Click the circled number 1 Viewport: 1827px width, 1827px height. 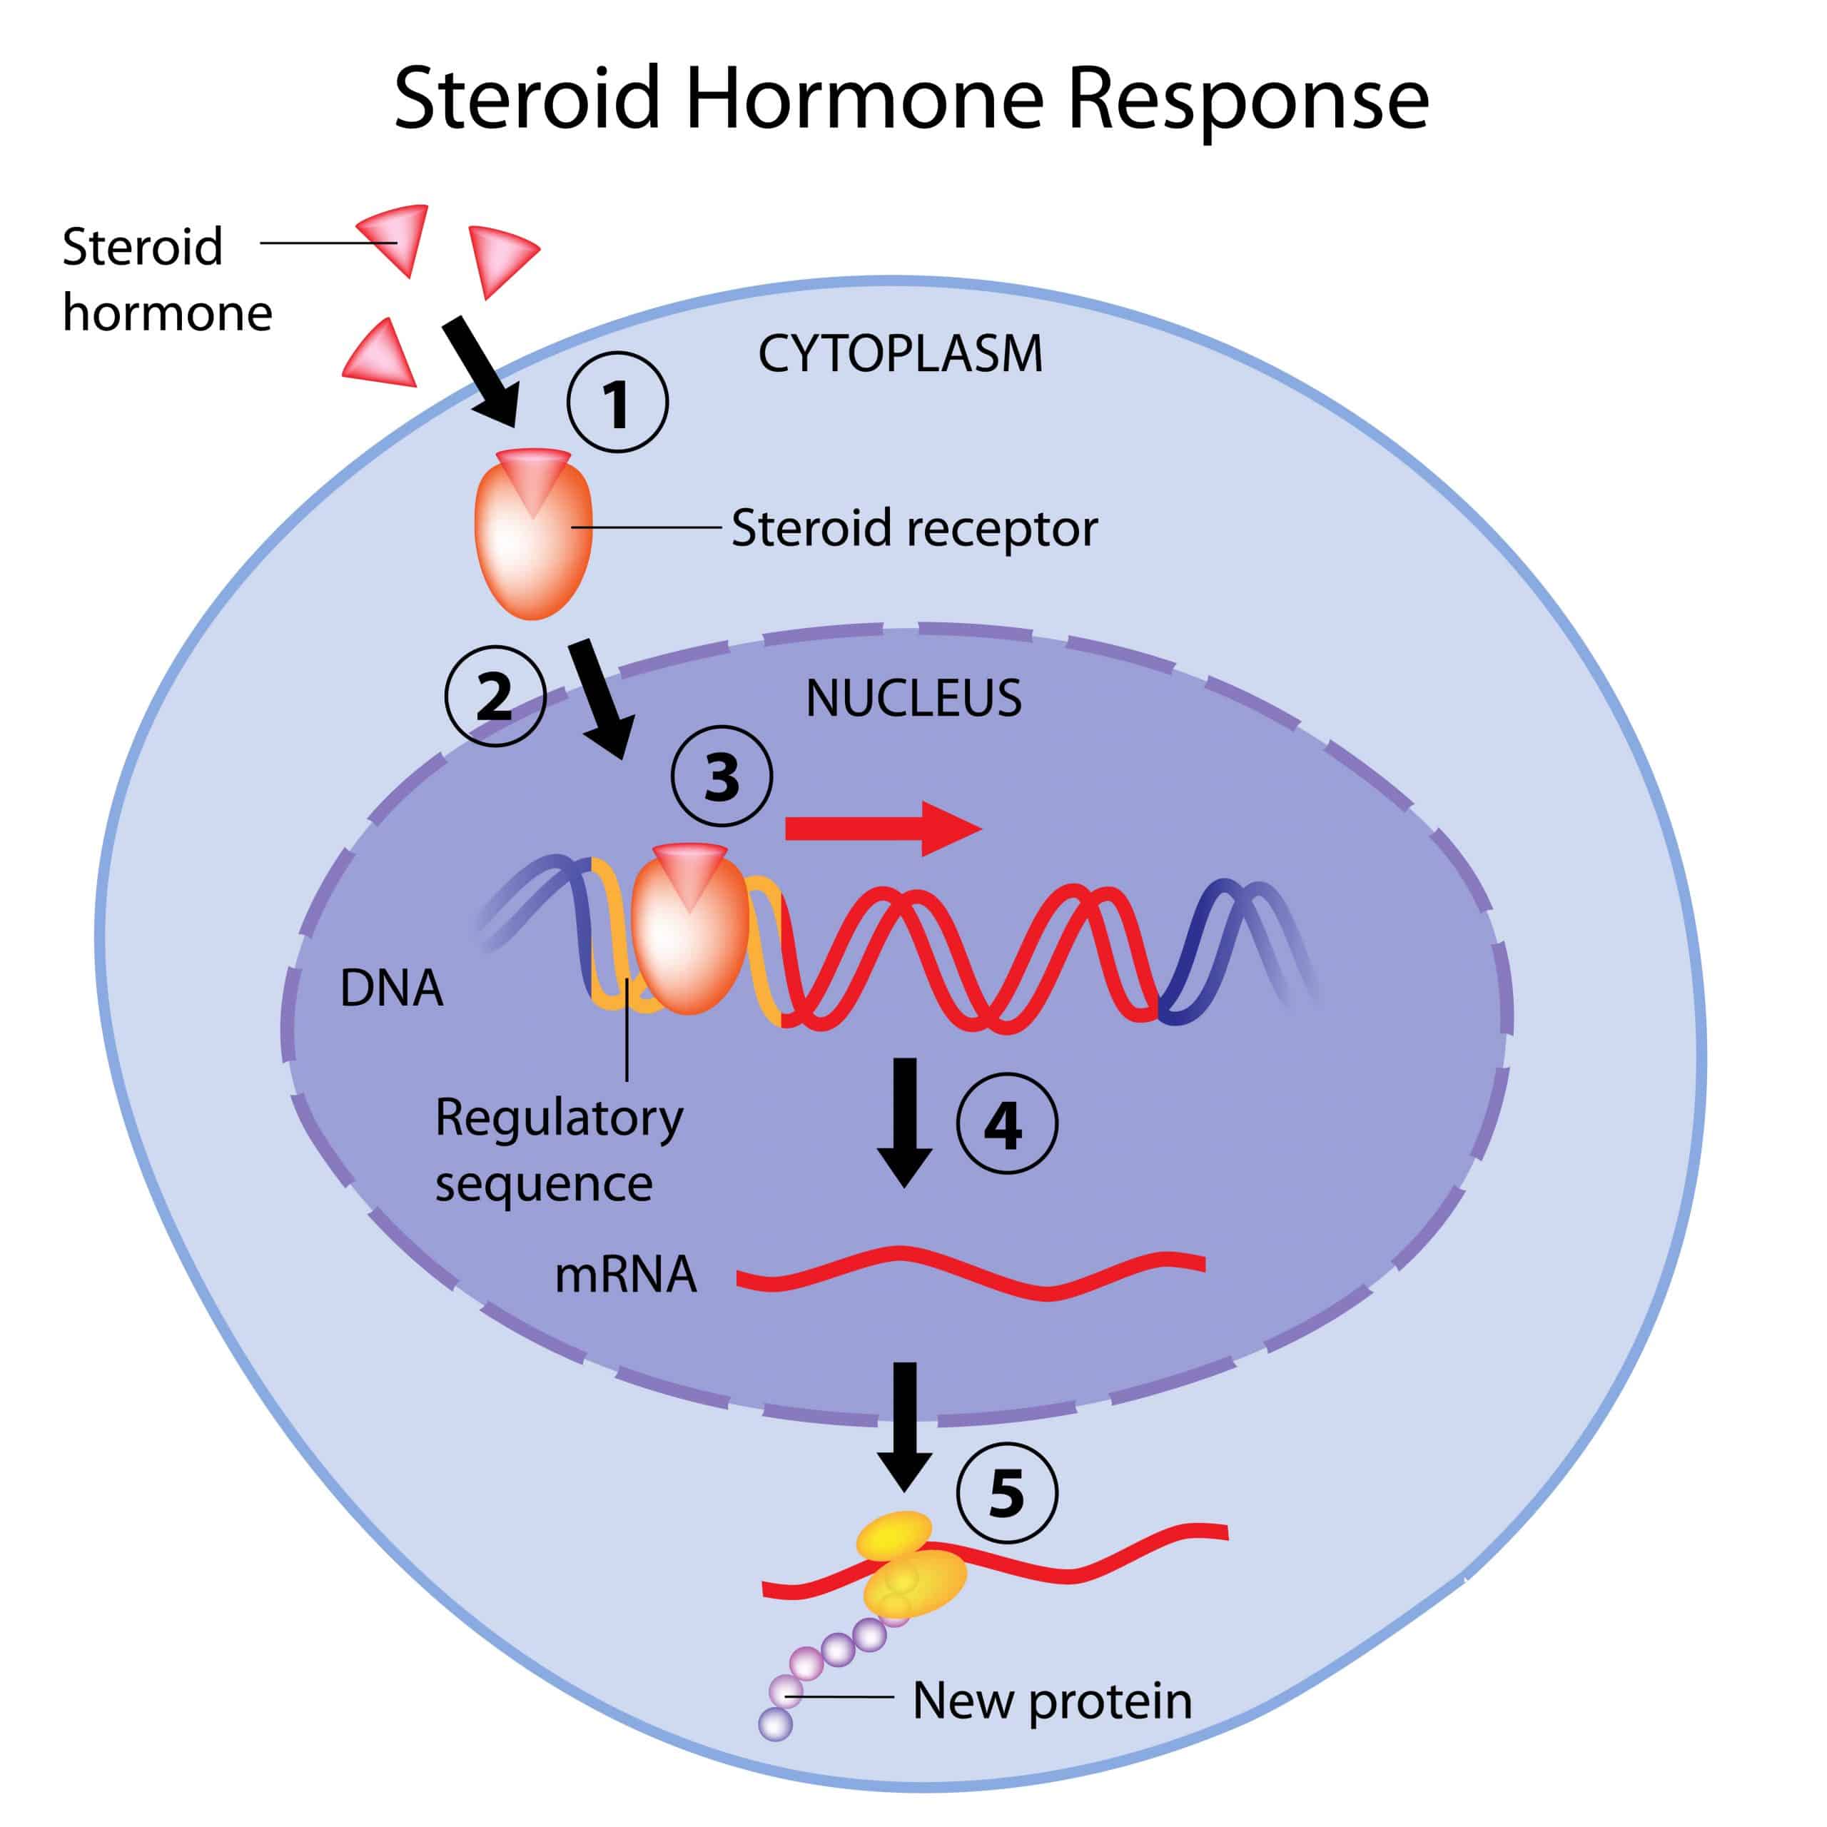point(617,402)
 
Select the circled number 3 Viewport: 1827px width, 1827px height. point(722,776)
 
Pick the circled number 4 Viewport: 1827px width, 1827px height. point(1006,1123)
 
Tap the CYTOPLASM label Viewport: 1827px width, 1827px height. point(900,355)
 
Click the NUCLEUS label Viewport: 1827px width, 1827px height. point(913,699)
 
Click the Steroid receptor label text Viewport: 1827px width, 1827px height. point(913,527)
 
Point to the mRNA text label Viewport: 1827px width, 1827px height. point(625,1275)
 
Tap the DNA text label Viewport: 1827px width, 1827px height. point(390,988)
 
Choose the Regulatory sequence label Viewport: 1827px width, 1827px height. point(558,1150)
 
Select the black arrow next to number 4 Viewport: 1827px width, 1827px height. point(905,1120)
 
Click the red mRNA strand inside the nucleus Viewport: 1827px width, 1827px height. point(971,1271)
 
